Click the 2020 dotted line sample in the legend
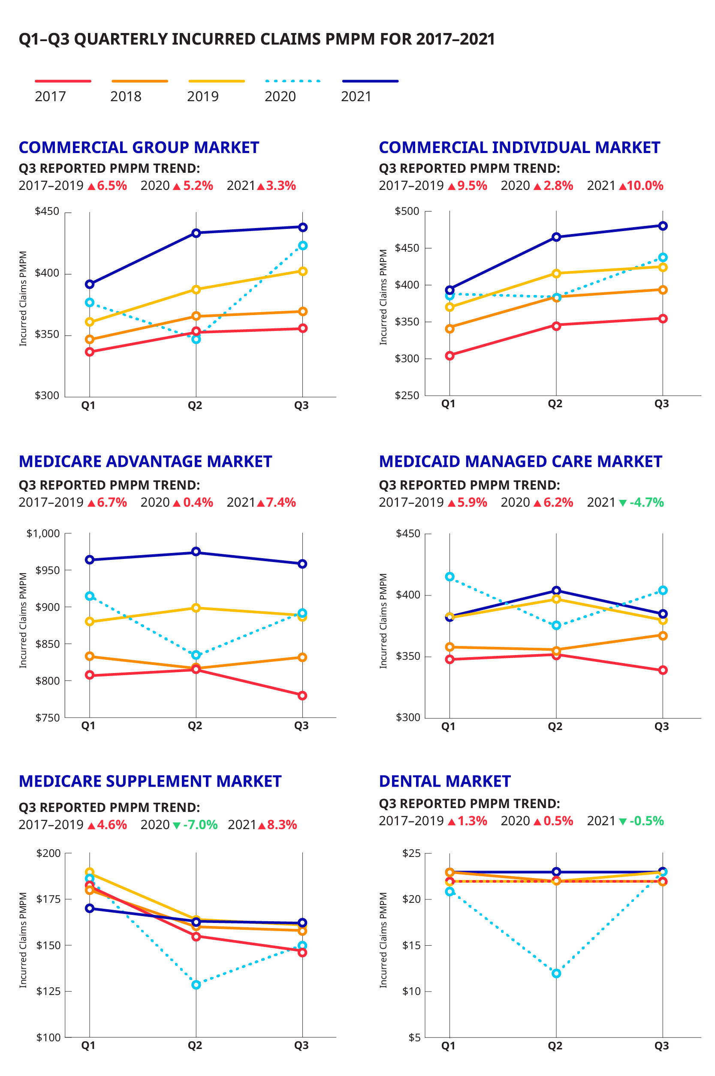[x=293, y=81]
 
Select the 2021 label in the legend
[x=356, y=96]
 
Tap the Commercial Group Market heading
[x=139, y=147]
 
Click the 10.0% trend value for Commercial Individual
[x=645, y=186]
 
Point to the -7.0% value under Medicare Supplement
[x=200, y=825]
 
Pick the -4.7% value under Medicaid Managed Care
[x=647, y=503]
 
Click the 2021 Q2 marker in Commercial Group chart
[x=196, y=233]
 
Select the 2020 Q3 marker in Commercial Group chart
[x=303, y=246]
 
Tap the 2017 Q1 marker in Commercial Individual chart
[x=450, y=355]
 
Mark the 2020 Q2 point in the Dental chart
[x=556, y=974]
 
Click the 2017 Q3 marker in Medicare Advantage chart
[x=303, y=695]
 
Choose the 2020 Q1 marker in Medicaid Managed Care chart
[x=450, y=577]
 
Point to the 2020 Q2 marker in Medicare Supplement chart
[x=196, y=985]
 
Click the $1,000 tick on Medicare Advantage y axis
[x=43, y=534]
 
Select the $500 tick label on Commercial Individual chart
[x=407, y=211]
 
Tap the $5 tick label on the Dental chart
[x=414, y=1038]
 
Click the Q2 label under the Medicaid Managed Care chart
[x=555, y=727]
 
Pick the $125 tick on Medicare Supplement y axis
[x=48, y=991]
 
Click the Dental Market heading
[x=445, y=781]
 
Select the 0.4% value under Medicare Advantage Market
[x=198, y=503]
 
